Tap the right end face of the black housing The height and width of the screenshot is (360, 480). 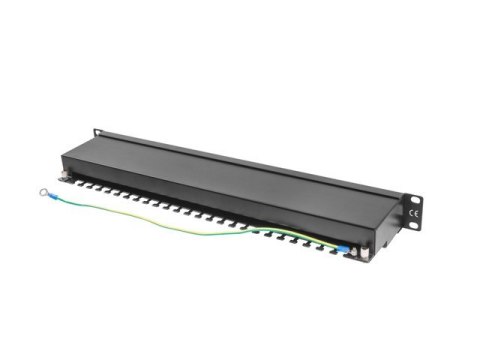point(384,226)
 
